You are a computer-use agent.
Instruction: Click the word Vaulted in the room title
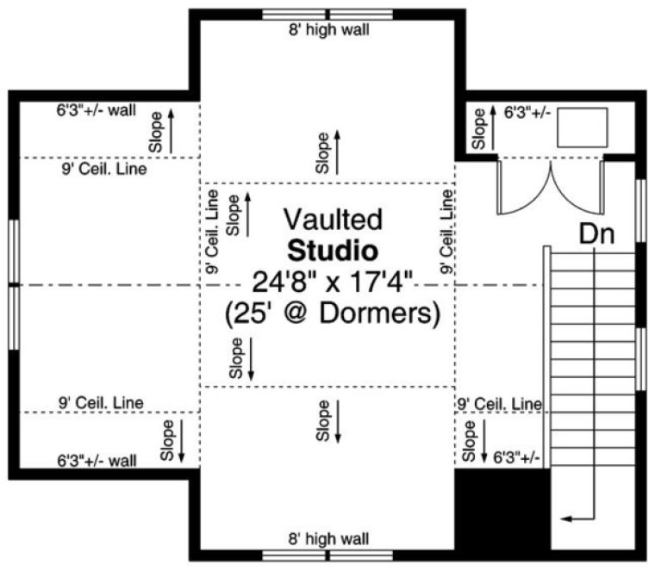pyautogui.click(x=333, y=220)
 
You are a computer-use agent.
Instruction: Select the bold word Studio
pyautogui.click(x=333, y=251)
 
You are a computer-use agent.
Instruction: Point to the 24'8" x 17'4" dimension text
pyautogui.click(x=334, y=281)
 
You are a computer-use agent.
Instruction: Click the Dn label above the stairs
pyautogui.click(x=596, y=234)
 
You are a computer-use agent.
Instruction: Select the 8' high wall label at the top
pyautogui.click(x=328, y=31)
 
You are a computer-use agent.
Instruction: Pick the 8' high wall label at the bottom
pyautogui.click(x=328, y=539)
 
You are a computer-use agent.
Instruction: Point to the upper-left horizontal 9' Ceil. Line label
pyautogui.click(x=103, y=170)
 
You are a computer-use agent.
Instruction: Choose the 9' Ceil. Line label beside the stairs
pyautogui.click(x=499, y=403)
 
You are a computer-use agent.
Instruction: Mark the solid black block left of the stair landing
pyautogui.click(x=502, y=508)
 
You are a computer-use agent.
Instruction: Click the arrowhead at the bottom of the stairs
pyautogui.click(x=565, y=518)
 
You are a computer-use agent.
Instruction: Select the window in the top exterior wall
pyautogui.click(x=327, y=14)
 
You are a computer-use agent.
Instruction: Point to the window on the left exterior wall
pyautogui.click(x=13, y=284)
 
